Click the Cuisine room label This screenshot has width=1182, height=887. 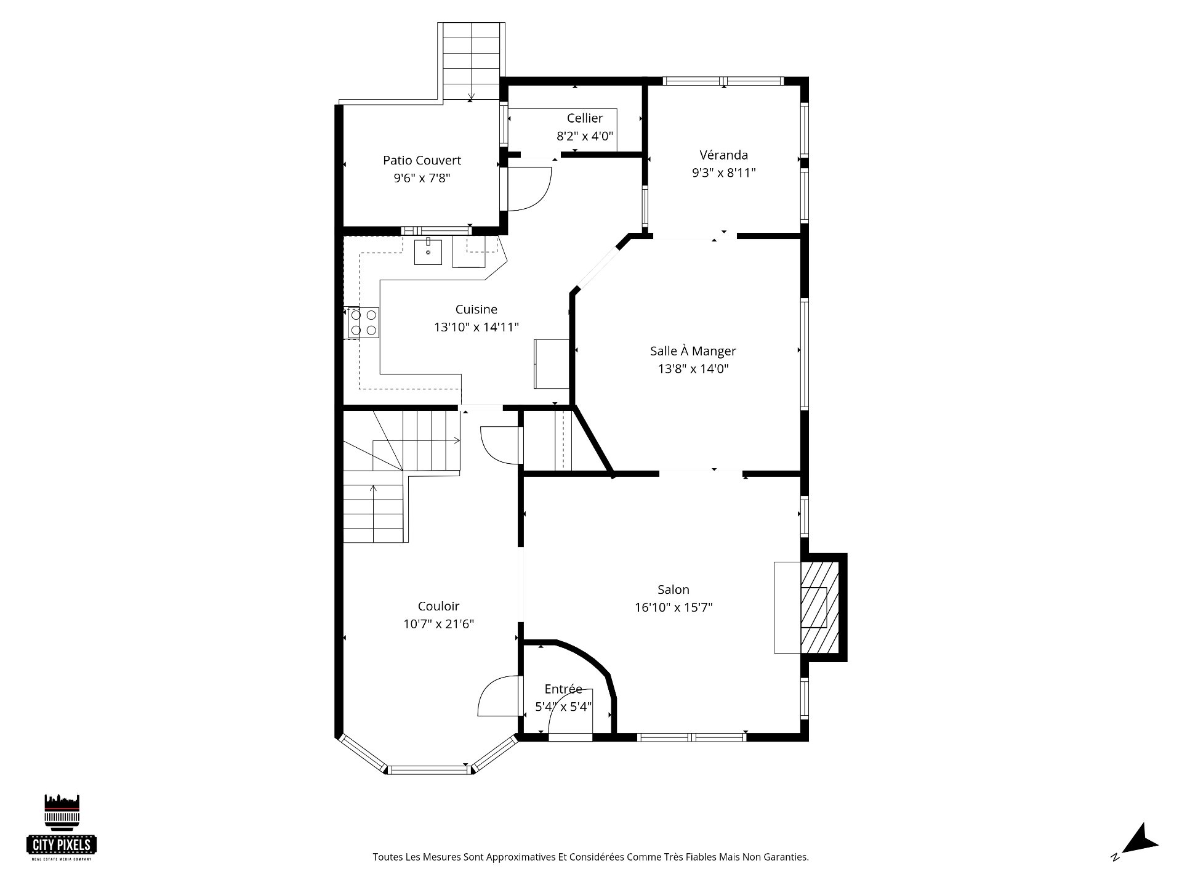476,309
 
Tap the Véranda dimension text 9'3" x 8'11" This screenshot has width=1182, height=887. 723,173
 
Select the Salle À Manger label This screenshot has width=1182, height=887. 693,350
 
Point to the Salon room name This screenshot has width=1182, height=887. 673,589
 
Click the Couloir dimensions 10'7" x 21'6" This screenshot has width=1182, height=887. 438,624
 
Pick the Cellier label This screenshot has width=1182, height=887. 585,118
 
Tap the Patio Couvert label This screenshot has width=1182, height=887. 422,160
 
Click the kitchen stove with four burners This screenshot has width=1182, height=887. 362,323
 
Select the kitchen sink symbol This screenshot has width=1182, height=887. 428,252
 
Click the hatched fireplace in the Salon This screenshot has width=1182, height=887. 819,607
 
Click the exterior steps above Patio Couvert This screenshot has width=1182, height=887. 471,61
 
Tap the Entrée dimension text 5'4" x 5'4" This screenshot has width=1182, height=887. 563,707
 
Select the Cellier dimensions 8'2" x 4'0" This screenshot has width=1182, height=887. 585,136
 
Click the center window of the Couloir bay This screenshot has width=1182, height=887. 428,770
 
